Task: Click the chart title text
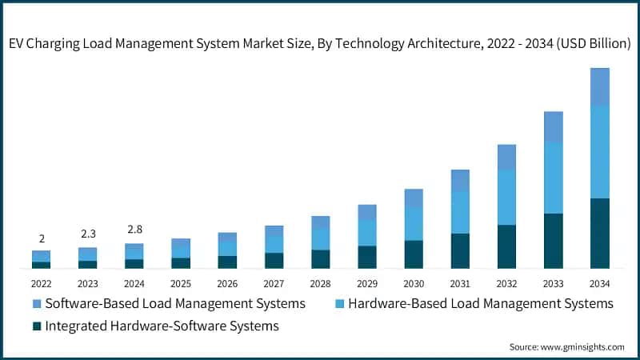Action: (320, 45)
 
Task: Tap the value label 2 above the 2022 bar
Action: (42, 238)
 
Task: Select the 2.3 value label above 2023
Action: (88, 234)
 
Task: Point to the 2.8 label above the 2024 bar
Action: (134, 230)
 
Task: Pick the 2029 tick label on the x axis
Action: (367, 283)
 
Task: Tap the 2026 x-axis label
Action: (227, 283)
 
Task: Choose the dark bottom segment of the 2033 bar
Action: (553, 240)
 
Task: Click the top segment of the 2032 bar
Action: (506, 157)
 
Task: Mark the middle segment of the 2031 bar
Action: (460, 213)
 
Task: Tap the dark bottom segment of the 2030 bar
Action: (414, 254)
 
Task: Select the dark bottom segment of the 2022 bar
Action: (42, 265)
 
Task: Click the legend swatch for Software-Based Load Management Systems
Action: (36, 304)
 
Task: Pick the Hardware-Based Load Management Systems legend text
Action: (481, 304)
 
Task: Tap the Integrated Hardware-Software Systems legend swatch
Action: (36, 326)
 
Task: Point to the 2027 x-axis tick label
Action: (274, 283)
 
